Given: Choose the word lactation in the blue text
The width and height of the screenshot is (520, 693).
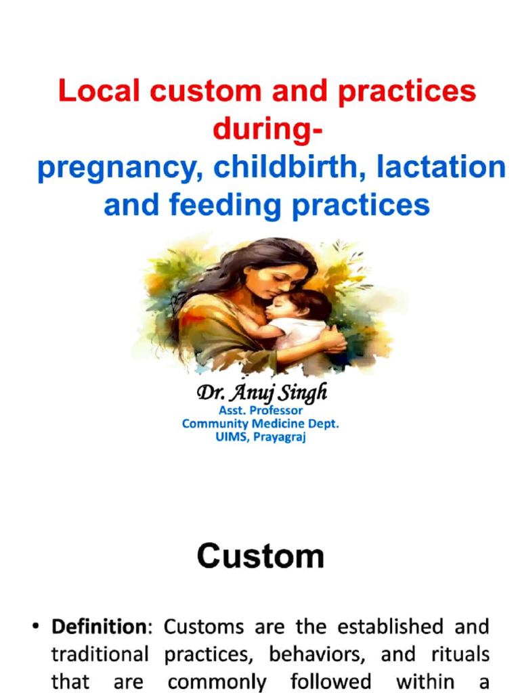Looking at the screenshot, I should coord(441,167).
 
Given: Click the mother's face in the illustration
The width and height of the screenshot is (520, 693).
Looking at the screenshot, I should coord(283,280).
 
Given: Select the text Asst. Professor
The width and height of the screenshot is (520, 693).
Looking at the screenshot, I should coord(261,410).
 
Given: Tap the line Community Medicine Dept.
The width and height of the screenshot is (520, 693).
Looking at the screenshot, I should coord(261,424).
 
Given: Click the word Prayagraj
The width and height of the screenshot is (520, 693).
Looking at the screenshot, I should coord(280,437).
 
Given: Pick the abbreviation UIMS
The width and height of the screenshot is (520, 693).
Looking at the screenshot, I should coord(230,437).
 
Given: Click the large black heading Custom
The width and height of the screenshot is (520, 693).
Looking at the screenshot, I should coord(261,556).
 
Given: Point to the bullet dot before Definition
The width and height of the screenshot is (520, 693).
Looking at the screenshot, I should coord(35,627).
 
